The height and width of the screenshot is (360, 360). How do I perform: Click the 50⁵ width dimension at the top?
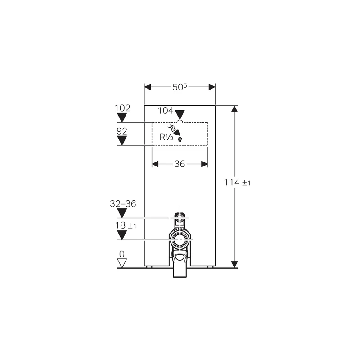point(180,87)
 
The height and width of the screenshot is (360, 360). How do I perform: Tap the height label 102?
point(122,108)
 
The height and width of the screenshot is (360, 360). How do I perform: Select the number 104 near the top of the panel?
point(165,110)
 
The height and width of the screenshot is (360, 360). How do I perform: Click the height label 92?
point(122,131)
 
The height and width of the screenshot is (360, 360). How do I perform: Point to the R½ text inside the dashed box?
point(167,137)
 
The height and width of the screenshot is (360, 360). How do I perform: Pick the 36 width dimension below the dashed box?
point(180,164)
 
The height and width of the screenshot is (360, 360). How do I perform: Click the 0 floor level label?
point(121,254)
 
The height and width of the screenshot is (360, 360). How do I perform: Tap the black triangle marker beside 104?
point(180,114)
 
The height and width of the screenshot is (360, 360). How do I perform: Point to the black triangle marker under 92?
point(122,140)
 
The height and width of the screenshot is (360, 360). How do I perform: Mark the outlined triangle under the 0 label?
point(122,262)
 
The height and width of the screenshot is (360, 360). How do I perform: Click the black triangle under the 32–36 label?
point(122,213)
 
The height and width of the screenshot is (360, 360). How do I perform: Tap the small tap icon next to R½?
point(180,139)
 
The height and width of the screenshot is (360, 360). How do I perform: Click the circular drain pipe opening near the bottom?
point(180,239)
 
